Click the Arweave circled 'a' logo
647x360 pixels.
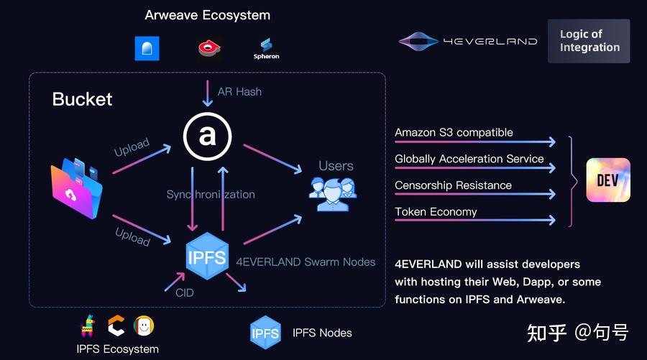coord(207,136)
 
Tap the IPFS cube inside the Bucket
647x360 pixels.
coord(207,256)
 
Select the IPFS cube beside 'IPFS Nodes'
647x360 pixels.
coord(265,333)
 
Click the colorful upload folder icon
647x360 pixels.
coord(77,188)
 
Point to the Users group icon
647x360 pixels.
coord(333,194)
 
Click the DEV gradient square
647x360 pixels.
coord(608,180)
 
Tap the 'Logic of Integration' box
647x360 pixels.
coord(589,41)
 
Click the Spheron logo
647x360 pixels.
coord(266,49)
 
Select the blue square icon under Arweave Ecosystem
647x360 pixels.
coord(147,49)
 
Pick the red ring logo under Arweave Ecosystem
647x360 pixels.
coord(209,48)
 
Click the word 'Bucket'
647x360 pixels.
coord(82,99)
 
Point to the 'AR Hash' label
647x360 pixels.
coord(239,91)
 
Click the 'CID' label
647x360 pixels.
coord(185,292)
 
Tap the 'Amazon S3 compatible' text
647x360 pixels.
coord(454,132)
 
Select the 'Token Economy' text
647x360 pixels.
coord(436,211)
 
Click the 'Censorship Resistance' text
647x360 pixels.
coord(453,185)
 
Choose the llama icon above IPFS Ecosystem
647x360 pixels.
coord(88,326)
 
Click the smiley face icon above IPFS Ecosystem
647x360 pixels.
coord(144,326)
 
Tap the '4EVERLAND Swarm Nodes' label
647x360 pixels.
coord(306,262)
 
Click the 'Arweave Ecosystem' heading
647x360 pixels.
coord(208,15)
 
